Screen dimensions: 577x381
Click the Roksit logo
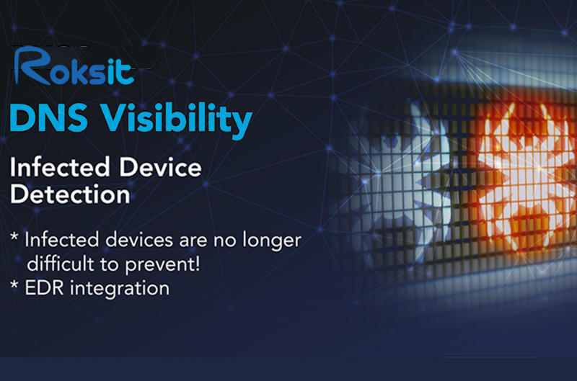coord(74,66)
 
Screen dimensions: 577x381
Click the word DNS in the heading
coord(48,118)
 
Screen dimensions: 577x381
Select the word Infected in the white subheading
coord(60,168)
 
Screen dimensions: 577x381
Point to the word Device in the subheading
coord(160,168)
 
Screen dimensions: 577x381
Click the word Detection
coord(70,194)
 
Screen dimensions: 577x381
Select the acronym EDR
coord(45,288)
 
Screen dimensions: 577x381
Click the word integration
coord(120,289)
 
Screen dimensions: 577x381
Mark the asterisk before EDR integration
coord(14,284)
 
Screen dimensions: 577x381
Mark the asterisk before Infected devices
coord(14,236)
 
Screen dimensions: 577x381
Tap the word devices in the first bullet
coord(139,240)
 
